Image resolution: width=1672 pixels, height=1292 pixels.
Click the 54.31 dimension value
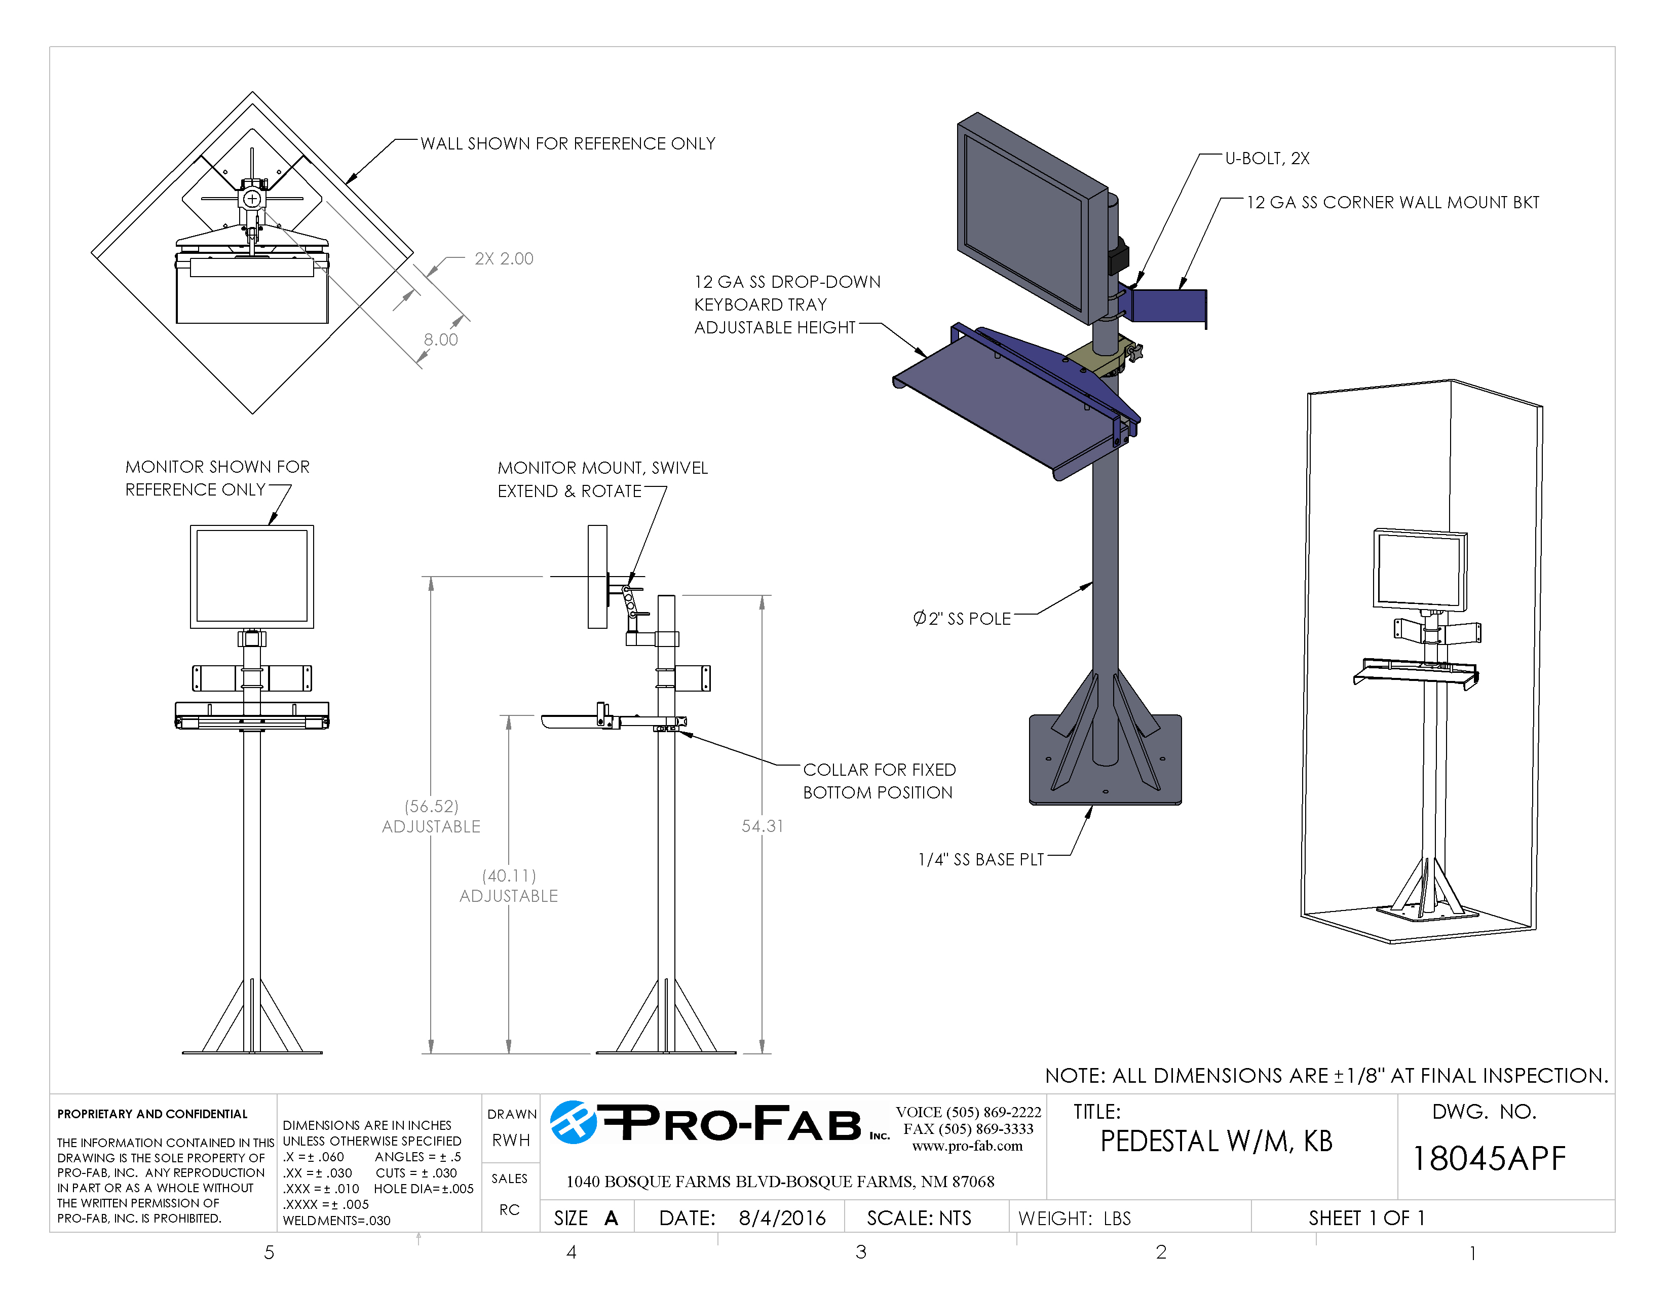point(762,826)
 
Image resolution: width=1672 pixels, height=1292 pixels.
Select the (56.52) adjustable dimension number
point(431,806)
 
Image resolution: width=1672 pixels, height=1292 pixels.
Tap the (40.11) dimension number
point(508,875)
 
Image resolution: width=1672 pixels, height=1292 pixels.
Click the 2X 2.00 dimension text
point(504,259)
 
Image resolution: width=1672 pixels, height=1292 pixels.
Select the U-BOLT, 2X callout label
point(1267,159)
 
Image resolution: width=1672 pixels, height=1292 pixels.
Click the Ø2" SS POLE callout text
point(962,619)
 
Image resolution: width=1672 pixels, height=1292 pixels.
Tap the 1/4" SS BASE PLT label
point(981,859)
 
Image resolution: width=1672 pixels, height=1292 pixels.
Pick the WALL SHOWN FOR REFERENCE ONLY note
point(567,144)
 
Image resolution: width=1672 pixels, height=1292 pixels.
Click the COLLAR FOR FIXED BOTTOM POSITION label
point(879,781)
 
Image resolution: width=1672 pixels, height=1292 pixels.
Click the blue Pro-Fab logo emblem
point(573,1123)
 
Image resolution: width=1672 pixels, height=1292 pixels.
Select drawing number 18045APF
point(1488,1159)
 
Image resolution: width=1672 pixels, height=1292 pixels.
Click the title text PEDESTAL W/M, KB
point(1215,1141)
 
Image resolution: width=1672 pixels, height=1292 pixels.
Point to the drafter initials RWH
point(511,1141)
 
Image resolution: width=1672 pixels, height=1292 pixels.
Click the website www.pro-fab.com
point(967,1146)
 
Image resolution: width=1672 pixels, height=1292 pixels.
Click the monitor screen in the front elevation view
point(252,576)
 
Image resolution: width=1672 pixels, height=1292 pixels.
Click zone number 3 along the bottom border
point(860,1252)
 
